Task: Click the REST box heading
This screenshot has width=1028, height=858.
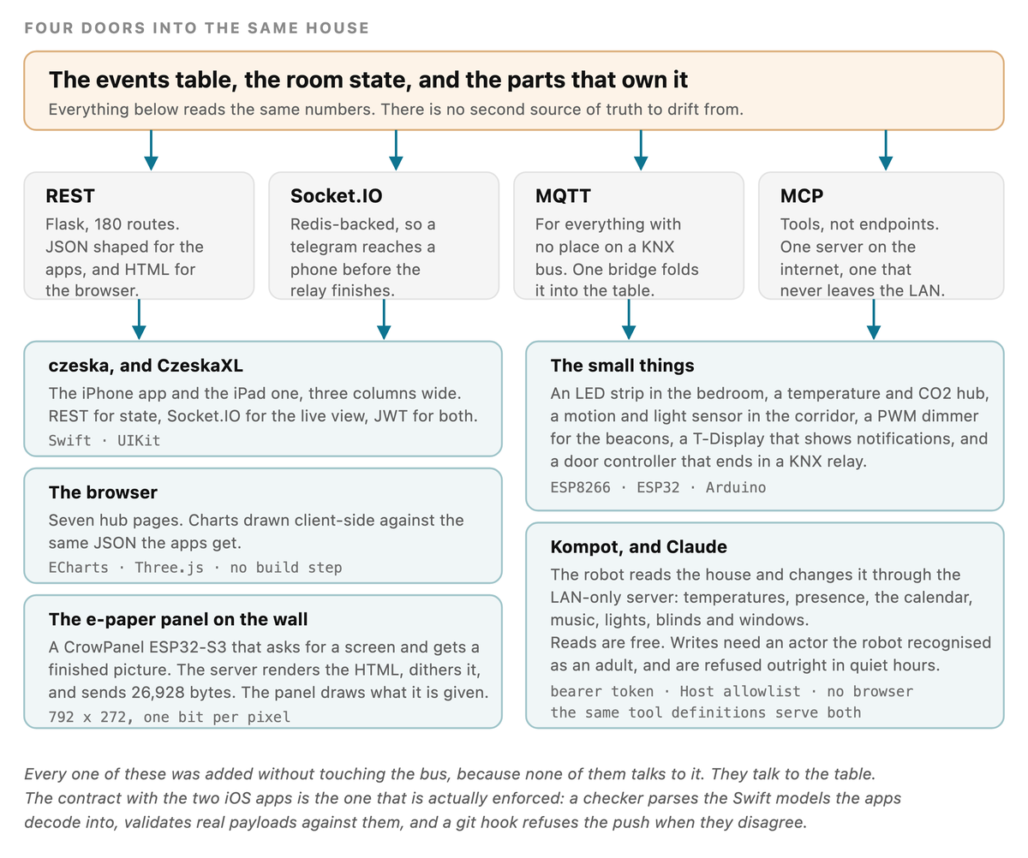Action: tap(70, 196)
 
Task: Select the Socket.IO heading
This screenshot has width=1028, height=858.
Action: tap(337, 196)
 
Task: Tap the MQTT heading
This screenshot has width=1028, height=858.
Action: tap(563, 196)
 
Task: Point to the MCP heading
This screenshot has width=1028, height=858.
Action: tap(802, 196)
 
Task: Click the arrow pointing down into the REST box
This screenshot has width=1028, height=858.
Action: tap(151, 151)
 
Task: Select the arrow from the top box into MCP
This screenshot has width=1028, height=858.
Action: tap(886, 151)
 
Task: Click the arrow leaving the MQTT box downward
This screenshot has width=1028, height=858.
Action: tap(629, 319)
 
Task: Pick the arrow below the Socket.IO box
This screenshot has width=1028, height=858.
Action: tap(384, 319)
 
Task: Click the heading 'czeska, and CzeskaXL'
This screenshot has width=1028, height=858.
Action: tap(146, 366)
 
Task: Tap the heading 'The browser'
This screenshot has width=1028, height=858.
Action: tap(103, 492)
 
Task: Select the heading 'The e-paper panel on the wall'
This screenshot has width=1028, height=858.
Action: tap(177, 619)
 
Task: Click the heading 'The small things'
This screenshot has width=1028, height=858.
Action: tap(622, 366)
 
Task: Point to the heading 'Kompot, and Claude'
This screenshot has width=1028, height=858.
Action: tap(638, 547)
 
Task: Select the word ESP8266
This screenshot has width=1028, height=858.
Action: tap(581, 487)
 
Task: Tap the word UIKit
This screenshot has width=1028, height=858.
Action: tap(139, 441)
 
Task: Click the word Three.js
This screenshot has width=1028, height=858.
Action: tap(170, 568)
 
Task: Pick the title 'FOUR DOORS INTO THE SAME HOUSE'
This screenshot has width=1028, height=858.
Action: tap(197, 28)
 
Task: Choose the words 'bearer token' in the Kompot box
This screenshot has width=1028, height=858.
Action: tap(602, 692)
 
